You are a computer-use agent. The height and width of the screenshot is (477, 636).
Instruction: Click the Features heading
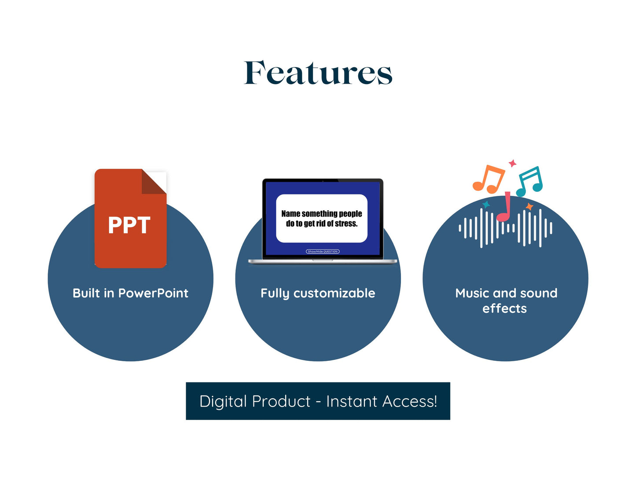pos(318,73)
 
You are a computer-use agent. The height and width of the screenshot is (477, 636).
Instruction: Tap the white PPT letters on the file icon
pos(129,225)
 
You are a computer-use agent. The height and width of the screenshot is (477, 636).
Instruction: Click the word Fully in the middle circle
pos(275,294)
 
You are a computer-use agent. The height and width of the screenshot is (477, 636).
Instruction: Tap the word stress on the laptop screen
pos(346,224)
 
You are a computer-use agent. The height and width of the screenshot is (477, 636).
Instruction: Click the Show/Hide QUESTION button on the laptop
pos(323,252)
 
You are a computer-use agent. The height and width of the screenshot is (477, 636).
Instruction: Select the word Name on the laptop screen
pos(290,214)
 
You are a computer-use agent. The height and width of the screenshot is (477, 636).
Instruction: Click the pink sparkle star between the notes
pos(512,163)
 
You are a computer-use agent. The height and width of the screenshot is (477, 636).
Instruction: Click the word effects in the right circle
pos(504,308)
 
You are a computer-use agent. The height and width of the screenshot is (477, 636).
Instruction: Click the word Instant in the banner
pos(352,401)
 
